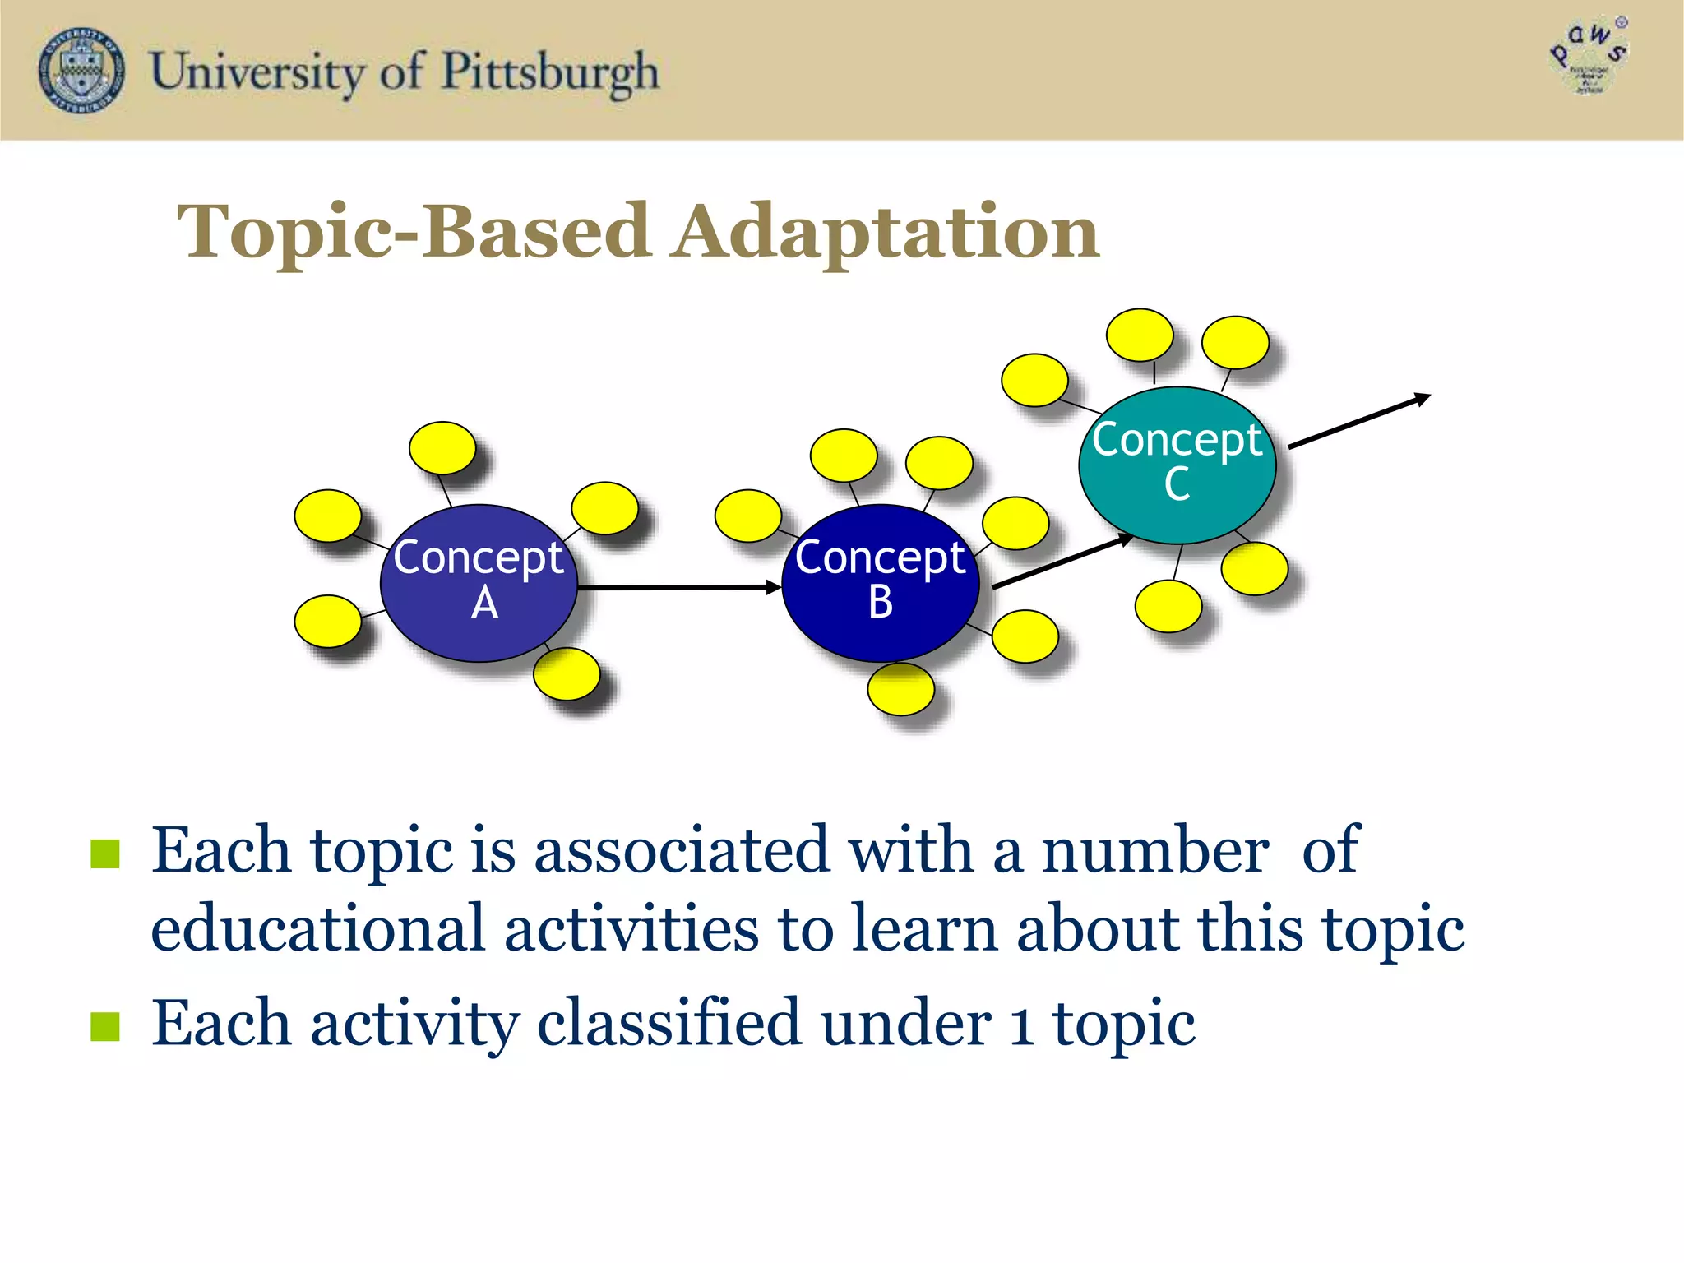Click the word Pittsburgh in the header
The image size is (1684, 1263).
point(550,73)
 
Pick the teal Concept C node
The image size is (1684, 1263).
point(1177,465)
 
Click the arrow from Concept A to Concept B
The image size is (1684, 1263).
point(678,587)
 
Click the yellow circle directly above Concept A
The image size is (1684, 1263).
point(442,448)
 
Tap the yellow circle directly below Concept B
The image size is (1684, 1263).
point(900,689)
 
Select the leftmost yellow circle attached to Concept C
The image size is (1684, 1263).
point(1034,380)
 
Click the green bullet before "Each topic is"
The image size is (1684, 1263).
point(105,854)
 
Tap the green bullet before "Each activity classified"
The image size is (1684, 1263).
point(105,1025)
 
